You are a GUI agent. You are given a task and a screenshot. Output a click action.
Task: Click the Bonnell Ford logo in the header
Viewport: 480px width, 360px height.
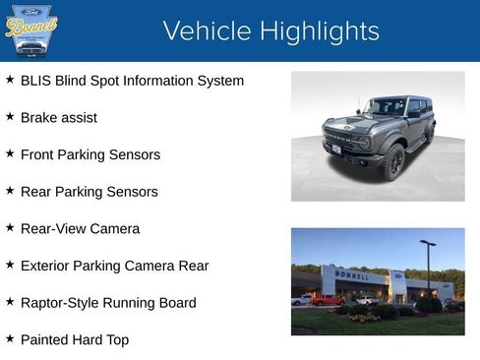[32, 30]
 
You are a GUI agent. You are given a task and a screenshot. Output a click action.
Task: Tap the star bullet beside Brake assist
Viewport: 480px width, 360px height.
[10, 116]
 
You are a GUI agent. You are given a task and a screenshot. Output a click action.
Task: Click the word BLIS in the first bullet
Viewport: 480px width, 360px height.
[37, 81]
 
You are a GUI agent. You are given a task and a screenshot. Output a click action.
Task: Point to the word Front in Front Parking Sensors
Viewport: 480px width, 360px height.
[39, 154]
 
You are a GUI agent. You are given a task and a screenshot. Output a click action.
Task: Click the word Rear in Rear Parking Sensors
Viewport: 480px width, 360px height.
[37, 192]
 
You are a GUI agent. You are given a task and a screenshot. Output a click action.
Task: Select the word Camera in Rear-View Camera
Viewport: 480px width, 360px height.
[114, 229]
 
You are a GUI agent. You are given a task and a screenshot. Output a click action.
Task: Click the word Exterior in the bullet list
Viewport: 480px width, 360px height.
[48, 266]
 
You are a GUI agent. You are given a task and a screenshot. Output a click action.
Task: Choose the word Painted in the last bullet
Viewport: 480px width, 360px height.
[46, 340]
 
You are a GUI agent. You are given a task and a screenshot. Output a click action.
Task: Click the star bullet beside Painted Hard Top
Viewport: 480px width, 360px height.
[10, 338]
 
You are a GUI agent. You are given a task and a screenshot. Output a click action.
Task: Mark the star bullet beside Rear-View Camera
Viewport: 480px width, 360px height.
[10, 227]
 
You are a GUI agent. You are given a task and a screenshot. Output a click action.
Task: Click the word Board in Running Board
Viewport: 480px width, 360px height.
[175, 303]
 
